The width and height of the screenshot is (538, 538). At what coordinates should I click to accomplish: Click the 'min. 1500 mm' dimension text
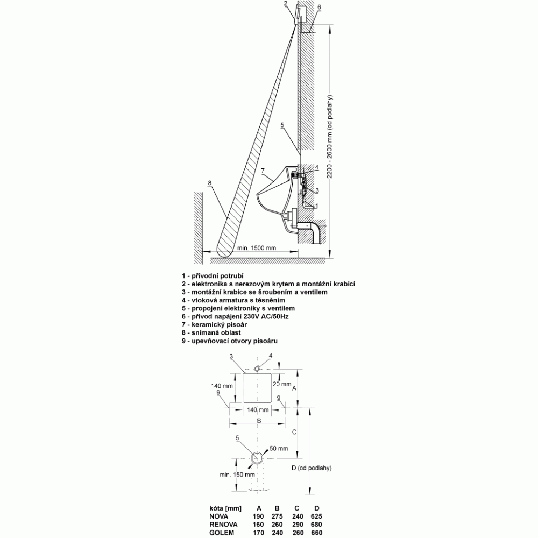coord(257,248)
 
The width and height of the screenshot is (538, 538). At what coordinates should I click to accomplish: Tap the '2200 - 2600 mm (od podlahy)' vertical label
coord(330,136)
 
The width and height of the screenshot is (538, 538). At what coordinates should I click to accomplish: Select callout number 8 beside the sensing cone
coord(210,183)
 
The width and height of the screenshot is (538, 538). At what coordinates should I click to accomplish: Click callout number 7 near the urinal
coord(263,171)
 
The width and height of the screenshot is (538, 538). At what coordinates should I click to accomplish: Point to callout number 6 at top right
coord(319,7)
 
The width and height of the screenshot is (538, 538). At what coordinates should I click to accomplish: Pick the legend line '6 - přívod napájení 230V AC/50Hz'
coord(235,316)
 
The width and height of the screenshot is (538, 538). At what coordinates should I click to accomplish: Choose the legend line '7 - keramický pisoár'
coord(215,324)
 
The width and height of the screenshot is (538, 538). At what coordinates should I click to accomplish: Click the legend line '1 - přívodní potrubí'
coord(213,275)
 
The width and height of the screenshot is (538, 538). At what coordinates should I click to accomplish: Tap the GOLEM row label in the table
coord(222,533)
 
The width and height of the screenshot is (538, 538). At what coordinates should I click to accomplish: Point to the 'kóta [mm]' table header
coord(225,508)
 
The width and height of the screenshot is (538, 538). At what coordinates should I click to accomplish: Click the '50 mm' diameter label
coord(279,449)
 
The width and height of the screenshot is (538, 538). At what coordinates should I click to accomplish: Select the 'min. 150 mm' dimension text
coord(237,475)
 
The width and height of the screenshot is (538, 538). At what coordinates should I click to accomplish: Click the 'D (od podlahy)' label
coord(312,468)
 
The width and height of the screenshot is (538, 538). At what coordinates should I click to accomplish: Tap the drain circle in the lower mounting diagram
coord(257,458)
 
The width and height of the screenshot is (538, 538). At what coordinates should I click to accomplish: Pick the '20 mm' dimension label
coord(282,384)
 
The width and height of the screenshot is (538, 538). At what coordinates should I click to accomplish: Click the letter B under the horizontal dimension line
coord(259,421)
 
